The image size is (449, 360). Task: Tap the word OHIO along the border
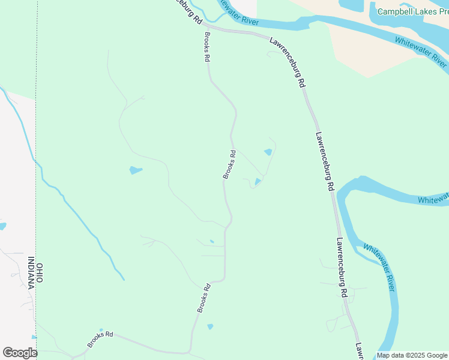[x=40, y=272]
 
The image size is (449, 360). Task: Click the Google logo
[x=20, y=353]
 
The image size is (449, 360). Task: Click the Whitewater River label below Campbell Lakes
[x=421, y=52]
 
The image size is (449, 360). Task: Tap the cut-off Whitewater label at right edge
[x=433, y=199]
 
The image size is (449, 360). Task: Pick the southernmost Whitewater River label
[x=379, y=267]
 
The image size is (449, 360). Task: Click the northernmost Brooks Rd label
[x=206, y=47]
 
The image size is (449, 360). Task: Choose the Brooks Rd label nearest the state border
[x=100, y=339]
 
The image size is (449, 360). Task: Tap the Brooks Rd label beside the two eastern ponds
[x=229, y=164]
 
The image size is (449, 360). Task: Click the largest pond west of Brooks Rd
[x=136, y=170]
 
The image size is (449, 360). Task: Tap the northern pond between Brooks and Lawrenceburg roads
[x=268, y=152]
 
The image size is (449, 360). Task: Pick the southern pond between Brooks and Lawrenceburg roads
[x=258, y=181]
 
